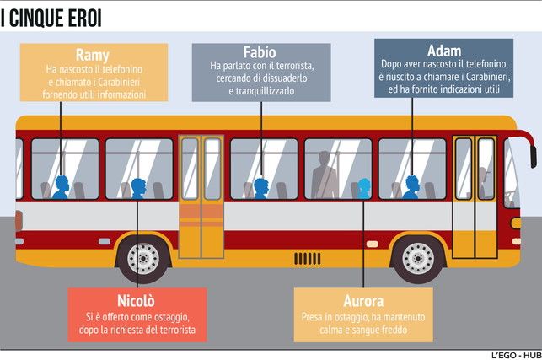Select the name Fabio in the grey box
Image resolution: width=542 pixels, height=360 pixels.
pos(260,52)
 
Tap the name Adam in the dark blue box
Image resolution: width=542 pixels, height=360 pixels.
pos(444,50)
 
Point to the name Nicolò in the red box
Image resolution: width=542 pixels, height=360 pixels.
pos(137,300)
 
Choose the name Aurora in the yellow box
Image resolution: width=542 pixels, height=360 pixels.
pos(363,301)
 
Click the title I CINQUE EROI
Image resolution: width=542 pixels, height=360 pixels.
pos(56,16)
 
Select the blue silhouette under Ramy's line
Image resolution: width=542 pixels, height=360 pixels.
pos(61,187)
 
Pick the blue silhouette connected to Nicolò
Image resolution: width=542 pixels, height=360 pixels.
pos(137,188)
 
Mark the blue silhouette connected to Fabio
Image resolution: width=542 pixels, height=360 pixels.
pos(261,188)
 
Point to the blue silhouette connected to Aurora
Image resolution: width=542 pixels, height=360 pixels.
pos(363,188)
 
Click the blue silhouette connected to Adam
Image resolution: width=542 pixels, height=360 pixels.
pos(411,187)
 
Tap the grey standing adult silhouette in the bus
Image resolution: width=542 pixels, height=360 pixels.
pos(325,176)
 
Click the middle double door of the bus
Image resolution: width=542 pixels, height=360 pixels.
pos(201,196)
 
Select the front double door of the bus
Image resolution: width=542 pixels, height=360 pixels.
pos(475,196)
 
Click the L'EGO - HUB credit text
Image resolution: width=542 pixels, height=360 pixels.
pos(513,354)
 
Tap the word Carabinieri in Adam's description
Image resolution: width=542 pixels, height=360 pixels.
pos(482,77)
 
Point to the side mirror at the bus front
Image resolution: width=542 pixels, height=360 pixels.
pos(533,155)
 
